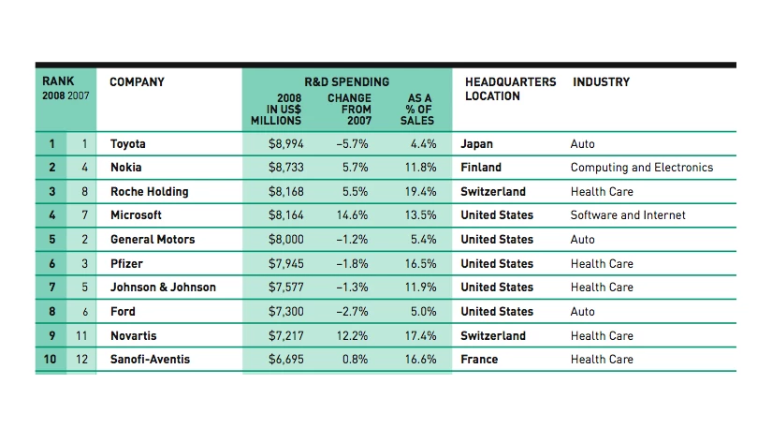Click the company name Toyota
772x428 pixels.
coord(128,144)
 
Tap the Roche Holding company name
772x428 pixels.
coord(149,192)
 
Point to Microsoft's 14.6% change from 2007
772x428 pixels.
coord(352,215)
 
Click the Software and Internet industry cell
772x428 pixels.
coord(627,215)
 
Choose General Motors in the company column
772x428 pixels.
coord(153,240)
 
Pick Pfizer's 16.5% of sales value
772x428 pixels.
coord(421,264)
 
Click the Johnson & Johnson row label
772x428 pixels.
coord(163,288)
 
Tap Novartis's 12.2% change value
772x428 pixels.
coord(352,336)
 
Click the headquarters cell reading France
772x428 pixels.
coord(479,360)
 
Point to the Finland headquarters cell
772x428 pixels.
coord(481,168)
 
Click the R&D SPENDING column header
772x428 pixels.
coord(346,82)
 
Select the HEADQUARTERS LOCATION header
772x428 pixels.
coord(510,89)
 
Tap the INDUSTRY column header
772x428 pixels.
coord(601,82)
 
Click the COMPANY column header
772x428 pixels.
coord(137,82)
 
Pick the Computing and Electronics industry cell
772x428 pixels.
coord(641,168)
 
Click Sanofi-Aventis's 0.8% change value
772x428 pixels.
coord(356,360)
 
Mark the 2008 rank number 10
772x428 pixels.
coord(51,360)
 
